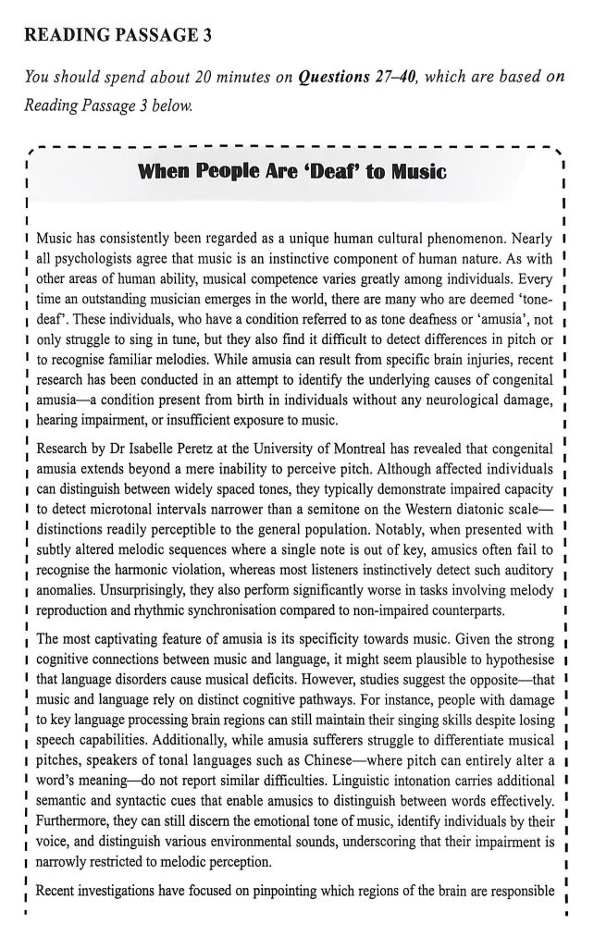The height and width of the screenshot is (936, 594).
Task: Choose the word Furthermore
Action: pyautogui.click(x=75, y=815)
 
